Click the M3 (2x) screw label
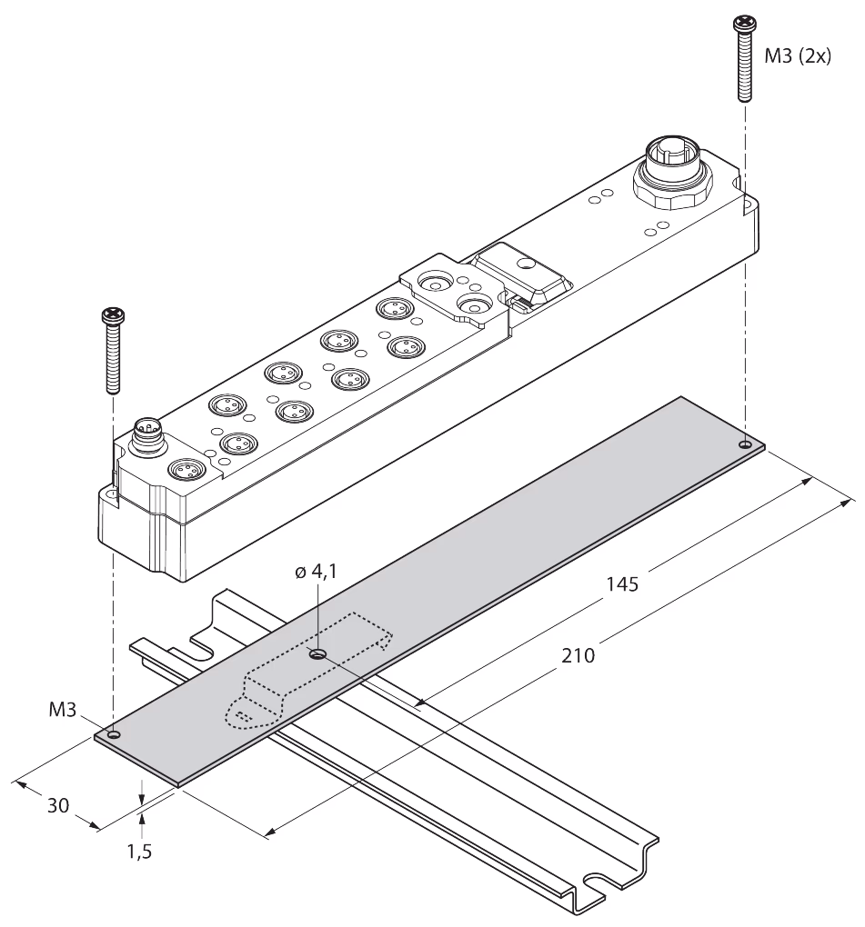click(798, 55)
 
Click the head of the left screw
click(113, 315)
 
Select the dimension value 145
click(622, 584)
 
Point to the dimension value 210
click(578, 655)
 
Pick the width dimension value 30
click(58, 805)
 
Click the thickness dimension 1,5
click(140, 852)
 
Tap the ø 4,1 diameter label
click(316, 571)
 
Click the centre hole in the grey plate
click(318, 653)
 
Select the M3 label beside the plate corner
click(62, 709)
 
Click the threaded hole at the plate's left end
click(115, 735)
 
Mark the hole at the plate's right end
click(745, 444)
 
